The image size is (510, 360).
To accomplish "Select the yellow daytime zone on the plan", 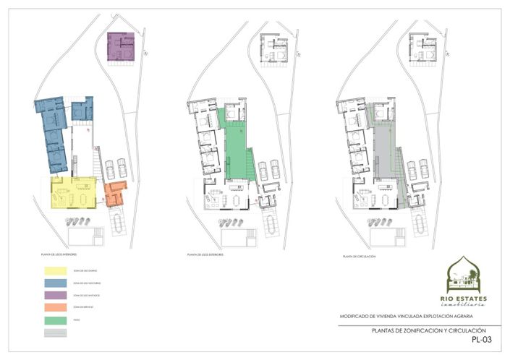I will click(x=73, y=193).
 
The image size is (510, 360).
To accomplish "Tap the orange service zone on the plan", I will click(x=113, y=194).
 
